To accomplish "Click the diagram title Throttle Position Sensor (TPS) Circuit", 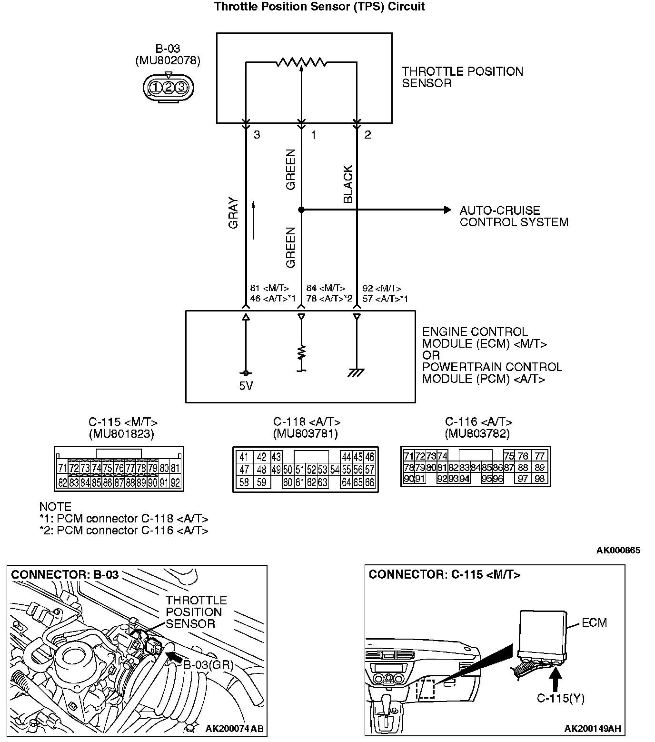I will [x=319, y=7].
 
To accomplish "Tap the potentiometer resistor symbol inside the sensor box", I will [x=301, y=62].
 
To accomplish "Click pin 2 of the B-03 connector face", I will [x=168, y=87].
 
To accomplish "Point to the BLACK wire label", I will [x=348, y=184].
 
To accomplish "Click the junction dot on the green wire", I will [x=301, y=210].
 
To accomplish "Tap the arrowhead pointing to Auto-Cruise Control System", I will [x=447, y=210].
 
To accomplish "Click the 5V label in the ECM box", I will [x=246, y=386].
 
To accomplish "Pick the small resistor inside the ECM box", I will [x=301, y=353].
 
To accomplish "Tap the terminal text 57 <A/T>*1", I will [x=385, y=299].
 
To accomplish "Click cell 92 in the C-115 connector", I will [x=175, y=482].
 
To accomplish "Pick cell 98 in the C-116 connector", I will [x=539, y=479].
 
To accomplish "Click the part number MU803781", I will [x=305, y=434].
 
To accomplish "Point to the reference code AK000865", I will [x=618, y=551].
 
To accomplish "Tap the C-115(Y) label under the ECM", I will [x=560, y=698].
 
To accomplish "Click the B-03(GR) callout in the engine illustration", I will [x=208, y=665].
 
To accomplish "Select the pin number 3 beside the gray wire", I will [x=257, y=135].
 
